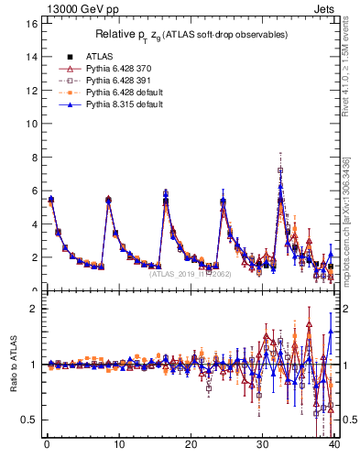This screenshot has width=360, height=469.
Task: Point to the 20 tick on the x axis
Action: (x=191, y=446)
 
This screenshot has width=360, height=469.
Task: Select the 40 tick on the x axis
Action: (x=334, y=446)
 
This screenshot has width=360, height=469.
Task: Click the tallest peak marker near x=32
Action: (x=280, y=170)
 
